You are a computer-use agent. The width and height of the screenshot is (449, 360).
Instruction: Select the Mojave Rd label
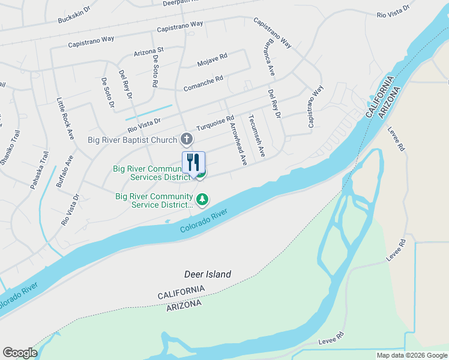pos(212,58)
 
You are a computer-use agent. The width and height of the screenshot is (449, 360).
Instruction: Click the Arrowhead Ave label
pos(239,145)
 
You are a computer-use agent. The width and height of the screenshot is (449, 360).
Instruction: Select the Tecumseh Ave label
pos(256,136)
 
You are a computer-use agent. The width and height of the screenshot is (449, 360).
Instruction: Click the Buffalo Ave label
pos(65,172)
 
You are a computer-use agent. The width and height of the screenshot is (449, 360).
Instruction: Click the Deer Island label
pos(207,274)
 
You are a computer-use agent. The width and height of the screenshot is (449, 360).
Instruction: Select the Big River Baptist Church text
pos(133,140)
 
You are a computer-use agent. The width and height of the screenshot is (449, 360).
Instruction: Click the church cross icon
pos(187,140)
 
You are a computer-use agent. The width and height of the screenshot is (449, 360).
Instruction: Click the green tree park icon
pos(203,199)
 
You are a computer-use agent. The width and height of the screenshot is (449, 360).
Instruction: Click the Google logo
pos(20,353)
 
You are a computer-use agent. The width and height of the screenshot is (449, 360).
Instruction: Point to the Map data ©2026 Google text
pos(411,355)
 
